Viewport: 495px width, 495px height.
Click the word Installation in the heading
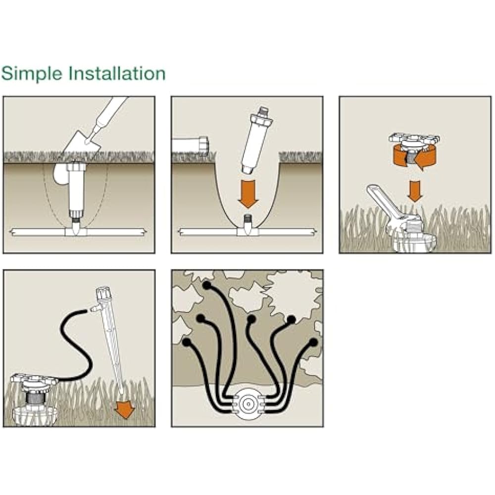tap(117, 73)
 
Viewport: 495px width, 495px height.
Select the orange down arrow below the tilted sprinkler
tap(248, 194)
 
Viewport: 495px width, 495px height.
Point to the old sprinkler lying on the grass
tap(191, 145)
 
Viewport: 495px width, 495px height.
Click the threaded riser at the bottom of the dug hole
tap(248, 219)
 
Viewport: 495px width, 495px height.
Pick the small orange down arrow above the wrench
tap(414, 191)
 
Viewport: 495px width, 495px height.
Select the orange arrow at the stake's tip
tap(125, 409)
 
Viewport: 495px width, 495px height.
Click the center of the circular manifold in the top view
tap(248, 404)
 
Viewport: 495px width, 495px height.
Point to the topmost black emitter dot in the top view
tap(207, 286)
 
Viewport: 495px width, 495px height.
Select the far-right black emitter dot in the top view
tap(313, 342)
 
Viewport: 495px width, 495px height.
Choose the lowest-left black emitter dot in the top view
tap(187, 342)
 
